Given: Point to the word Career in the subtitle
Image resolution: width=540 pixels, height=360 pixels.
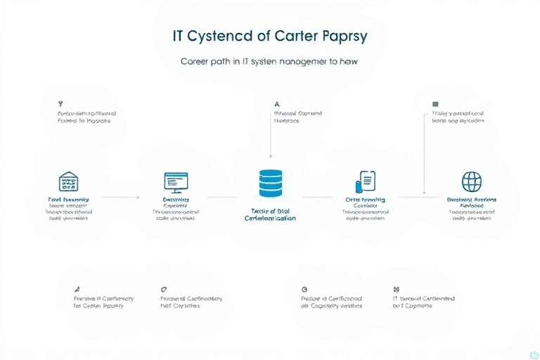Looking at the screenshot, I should coord(199,62).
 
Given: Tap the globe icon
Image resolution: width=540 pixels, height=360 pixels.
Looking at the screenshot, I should coord(471,181).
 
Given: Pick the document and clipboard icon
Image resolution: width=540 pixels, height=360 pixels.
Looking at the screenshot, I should coord(366,181).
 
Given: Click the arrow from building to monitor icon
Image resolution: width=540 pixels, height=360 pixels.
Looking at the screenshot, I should coord(121,198).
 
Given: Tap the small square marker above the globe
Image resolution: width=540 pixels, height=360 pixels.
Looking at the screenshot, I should coord(435,104).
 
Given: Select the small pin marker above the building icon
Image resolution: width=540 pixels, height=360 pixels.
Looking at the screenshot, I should coord(60,103).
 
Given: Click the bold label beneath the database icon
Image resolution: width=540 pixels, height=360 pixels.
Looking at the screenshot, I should coord(270,214).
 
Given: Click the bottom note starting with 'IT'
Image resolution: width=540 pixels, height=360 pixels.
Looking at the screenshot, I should coord(423,302).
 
